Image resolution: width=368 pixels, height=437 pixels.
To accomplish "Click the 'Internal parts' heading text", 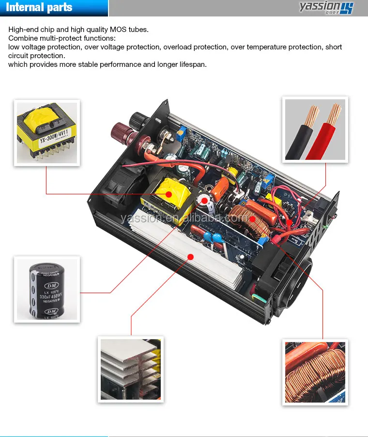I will pos(39,8).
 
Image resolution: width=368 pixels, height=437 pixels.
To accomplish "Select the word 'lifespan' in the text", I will pos(191,64).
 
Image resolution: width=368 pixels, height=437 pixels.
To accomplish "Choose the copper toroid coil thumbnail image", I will pos(315,372).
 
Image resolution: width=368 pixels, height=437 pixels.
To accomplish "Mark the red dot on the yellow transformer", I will pos(168,194).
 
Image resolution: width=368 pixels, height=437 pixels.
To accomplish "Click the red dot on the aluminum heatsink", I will pos(190,256).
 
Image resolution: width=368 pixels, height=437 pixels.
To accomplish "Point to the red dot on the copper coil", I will pos(252,219).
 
